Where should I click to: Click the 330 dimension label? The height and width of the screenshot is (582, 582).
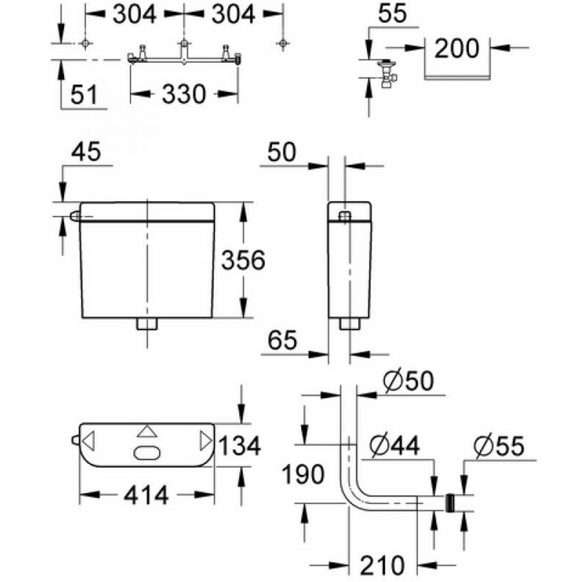184,94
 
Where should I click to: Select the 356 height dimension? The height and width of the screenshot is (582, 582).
243,260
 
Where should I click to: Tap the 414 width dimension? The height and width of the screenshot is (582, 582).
146,495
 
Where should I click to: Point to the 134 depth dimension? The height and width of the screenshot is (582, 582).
240,445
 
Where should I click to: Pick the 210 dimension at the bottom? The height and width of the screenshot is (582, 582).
382,566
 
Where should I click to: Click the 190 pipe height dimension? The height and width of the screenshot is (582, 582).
303,474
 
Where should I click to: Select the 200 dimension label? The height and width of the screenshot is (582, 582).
456,48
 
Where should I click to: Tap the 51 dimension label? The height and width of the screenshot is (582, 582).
84,94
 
